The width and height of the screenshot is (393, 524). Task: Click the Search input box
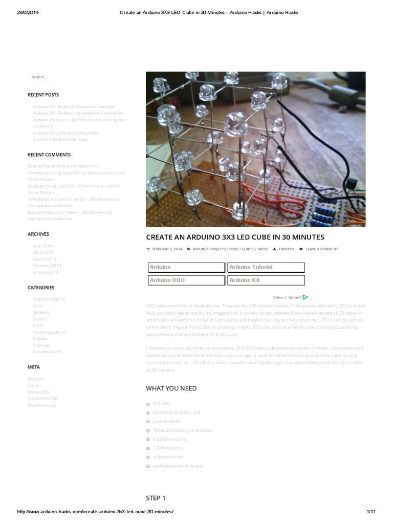click(78, 77)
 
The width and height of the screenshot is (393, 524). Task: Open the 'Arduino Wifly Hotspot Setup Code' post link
click(65, 133)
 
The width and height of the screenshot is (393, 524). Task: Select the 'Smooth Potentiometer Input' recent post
click(60, 139)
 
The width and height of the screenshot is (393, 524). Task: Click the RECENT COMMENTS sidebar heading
click(49, 155)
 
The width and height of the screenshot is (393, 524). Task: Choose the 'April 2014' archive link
click(42, 252)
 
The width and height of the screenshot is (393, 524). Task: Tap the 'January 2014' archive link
click(46, 272)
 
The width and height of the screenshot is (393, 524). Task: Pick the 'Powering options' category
click(50, 332)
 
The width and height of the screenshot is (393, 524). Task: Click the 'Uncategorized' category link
click(47, 352)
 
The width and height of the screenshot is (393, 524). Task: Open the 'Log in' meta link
click(33, 385)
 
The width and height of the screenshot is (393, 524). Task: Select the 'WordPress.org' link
click(42, 405)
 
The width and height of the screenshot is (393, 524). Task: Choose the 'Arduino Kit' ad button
click(266, 280)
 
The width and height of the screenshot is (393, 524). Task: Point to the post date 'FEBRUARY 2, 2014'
click(167, 249)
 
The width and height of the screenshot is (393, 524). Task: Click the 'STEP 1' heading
click(156, 498)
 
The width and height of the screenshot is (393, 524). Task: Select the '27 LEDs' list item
click(161, 404)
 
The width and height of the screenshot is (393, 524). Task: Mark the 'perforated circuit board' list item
click(177, 466)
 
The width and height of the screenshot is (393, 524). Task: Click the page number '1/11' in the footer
click(371, 512)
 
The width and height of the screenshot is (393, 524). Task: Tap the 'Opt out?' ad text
click(294, 297)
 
